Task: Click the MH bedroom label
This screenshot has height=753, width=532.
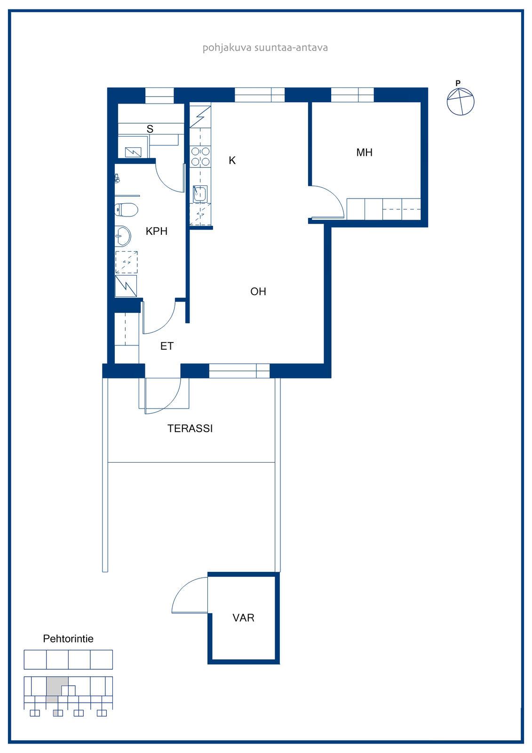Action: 364,152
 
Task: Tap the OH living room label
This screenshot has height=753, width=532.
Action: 258,291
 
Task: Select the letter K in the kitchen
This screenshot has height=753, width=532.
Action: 232,160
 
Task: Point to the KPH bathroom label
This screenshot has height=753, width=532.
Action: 156,231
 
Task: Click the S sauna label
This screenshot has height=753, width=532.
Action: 150,129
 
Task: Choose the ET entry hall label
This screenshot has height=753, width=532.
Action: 167,346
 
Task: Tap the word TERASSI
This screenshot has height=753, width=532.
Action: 190,428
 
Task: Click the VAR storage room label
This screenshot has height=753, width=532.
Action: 243,617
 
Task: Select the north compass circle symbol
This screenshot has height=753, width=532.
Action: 461,102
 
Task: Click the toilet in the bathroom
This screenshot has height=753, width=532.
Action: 126,210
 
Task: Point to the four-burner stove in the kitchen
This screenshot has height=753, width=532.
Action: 200,157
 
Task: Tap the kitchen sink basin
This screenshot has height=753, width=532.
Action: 199,194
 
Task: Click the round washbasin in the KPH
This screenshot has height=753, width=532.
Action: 123,236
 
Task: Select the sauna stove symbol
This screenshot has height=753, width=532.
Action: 133,152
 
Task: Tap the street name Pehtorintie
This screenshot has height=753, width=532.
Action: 68,638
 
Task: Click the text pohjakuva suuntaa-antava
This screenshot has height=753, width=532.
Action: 265,48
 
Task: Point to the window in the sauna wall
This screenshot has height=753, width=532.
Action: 159,96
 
